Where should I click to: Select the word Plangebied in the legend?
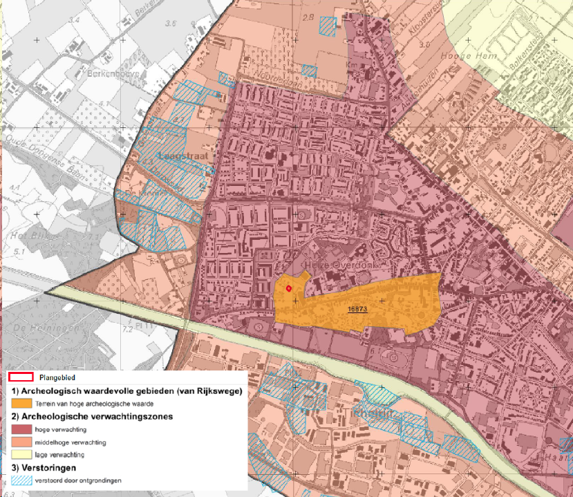tap(57, 379)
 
